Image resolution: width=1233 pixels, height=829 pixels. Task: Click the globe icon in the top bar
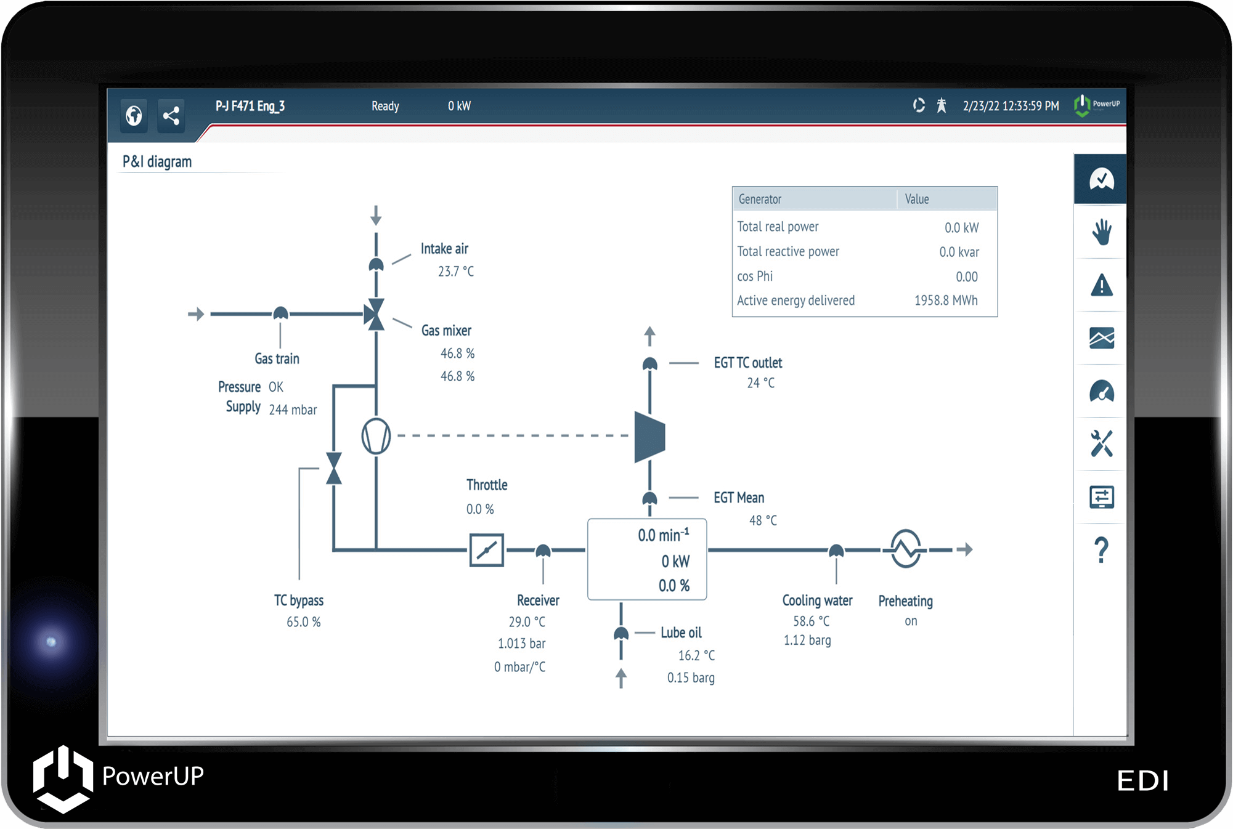[134, 115]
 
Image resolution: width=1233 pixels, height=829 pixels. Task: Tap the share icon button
[171, 115]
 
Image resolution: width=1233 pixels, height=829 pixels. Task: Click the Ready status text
[385, 106]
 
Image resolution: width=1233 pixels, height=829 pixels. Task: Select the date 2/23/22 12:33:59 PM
[1011, 106]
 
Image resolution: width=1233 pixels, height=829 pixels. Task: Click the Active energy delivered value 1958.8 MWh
[945, 301]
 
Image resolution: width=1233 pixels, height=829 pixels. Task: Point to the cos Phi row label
[754, 277]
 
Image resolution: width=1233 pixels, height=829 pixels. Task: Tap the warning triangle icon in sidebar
[1101, 286]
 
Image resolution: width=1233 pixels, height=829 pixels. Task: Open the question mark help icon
[1101, 550]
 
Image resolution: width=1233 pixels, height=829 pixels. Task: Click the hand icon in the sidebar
[1101, 232]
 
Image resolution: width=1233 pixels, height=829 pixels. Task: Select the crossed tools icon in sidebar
[1101, 443]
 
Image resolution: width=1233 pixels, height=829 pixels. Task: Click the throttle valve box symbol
[486, 550]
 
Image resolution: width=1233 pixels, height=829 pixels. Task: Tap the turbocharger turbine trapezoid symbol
[649, 437]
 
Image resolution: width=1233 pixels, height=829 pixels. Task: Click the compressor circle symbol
[376, 436]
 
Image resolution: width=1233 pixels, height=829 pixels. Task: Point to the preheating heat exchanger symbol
[905, 549]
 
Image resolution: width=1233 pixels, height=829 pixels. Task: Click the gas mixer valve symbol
[375, 314]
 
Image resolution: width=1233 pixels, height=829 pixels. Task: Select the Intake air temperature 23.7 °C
[455, 272]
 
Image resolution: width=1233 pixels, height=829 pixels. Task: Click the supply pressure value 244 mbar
[293, 410]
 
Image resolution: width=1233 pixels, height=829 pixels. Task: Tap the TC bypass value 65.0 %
[303, 622]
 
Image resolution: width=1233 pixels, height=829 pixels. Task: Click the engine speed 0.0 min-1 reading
[663, 535]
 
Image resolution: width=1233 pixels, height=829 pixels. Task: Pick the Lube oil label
[680, 633]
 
